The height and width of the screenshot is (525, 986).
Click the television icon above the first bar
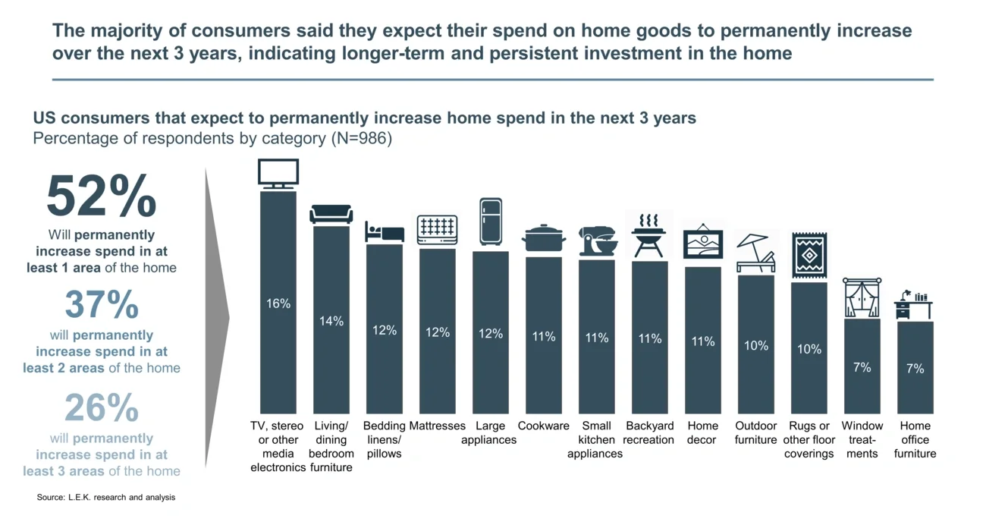[278, 174]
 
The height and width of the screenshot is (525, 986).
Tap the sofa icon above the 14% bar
[331, 214]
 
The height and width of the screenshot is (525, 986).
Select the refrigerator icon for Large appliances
[491, 222]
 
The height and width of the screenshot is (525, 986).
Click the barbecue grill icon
[649, 236]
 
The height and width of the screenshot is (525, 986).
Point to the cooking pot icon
[543, 238]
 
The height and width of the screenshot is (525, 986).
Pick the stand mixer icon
[597, 242]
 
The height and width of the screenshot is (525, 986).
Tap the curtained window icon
[862, 298]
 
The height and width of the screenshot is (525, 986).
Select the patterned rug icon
[809, 255]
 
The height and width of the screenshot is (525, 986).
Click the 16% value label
[278, 303]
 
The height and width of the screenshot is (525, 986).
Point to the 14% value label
[331, 322]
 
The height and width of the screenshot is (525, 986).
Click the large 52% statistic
[101, 197]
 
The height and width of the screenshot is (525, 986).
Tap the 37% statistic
[101, 305]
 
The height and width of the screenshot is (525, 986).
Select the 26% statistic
[101, 408]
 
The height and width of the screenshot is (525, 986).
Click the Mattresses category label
[437, 426]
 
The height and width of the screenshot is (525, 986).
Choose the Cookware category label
[543, 426]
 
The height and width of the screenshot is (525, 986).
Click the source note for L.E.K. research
[106, 498]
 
